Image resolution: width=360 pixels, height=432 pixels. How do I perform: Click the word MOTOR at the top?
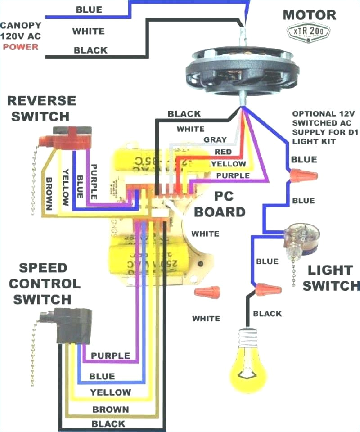point(309,14)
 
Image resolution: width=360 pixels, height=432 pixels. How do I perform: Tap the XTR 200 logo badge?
point(309,31)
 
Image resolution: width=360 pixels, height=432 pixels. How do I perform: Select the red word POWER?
point(22,47)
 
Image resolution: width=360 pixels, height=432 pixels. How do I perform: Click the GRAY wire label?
point(216,140)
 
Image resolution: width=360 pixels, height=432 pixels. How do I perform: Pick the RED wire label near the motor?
point(223,152)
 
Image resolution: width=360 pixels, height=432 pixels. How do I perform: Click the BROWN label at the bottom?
point(110,409)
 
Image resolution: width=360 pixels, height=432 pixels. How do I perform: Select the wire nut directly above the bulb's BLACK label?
point(267,289)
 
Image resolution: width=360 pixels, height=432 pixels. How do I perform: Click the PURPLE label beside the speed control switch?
point(110,355)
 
